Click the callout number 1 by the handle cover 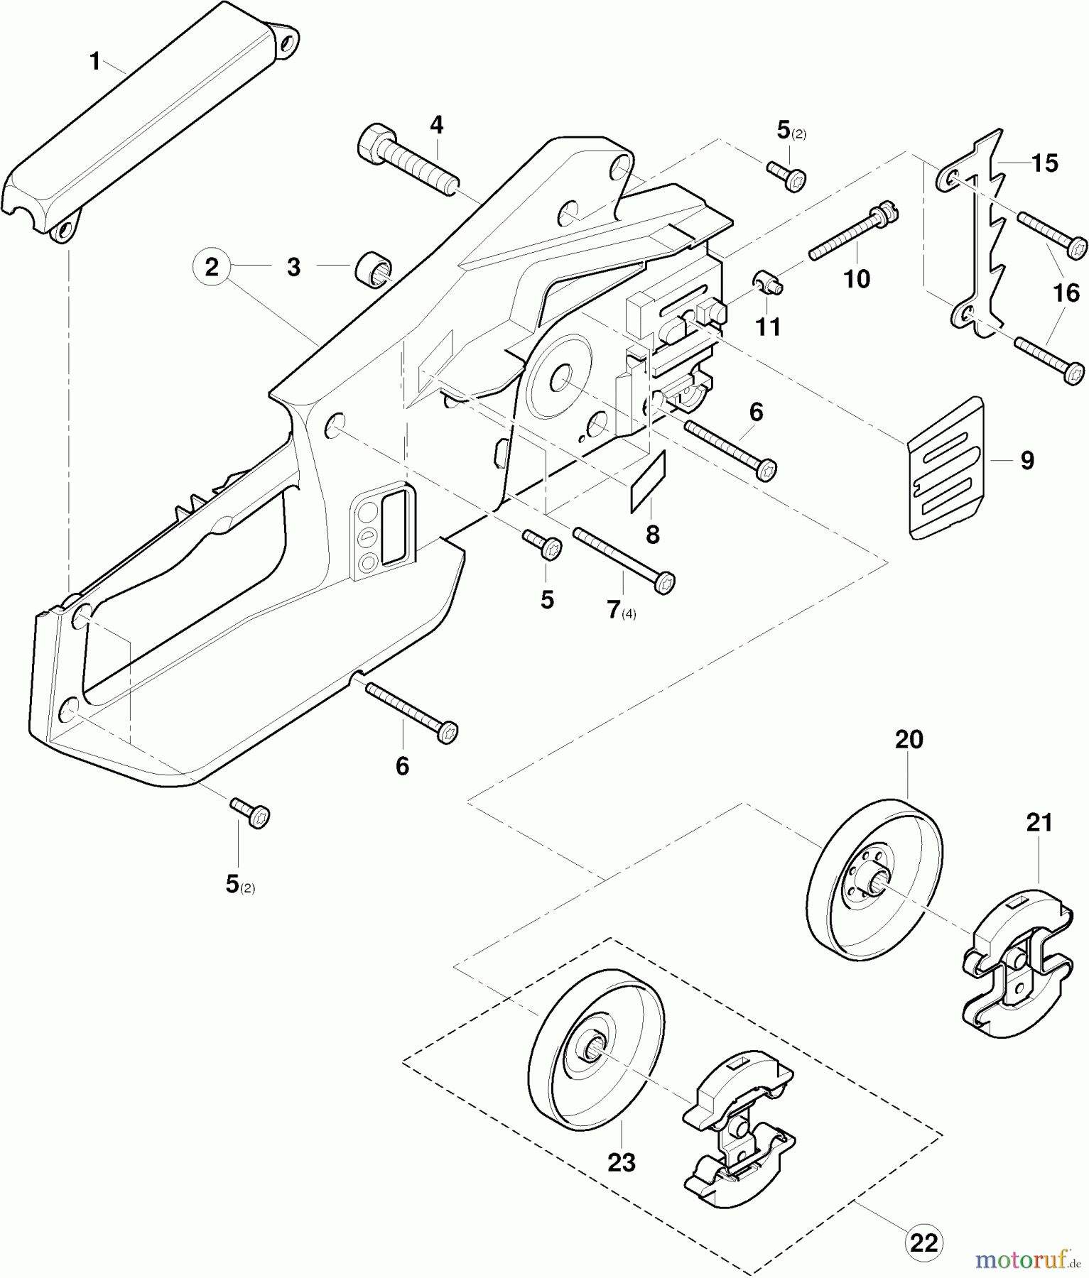[x=95, y=62]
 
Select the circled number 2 [x=212, y=268]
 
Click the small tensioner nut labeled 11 [x=768, y=283]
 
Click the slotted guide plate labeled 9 [x=947, y=468]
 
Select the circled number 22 [x=923, y=1243]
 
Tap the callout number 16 [x=1066, y=293]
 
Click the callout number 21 [x=1039, y=823]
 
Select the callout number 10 [x=857, y=279]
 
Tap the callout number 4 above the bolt [x=436, y=126]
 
